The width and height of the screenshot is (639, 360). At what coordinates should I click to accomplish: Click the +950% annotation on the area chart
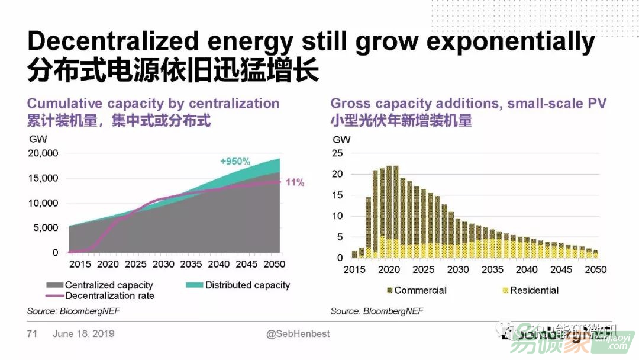pos(235,161)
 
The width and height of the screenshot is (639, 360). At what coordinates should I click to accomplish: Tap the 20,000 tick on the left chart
pos(43,153)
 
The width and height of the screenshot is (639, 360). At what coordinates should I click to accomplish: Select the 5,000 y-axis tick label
pos(46,228)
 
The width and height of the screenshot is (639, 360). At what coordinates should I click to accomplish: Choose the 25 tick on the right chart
pos(337,153)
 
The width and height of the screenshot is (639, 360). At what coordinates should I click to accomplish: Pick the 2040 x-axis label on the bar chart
pos(527,270)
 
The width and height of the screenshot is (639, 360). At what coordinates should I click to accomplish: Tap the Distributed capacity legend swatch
pos(194,285)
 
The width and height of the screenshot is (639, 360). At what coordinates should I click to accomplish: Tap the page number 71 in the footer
pos(32,334)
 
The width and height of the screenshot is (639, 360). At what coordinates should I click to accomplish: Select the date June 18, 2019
pos(83,334)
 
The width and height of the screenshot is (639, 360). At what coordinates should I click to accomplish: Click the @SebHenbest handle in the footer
pos(298,334)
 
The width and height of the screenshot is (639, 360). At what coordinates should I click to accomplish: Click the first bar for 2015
pos(354,255)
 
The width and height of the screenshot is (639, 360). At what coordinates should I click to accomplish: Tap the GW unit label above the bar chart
pos(341,140)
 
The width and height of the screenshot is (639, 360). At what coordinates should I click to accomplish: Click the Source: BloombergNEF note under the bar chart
pos(377,311)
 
